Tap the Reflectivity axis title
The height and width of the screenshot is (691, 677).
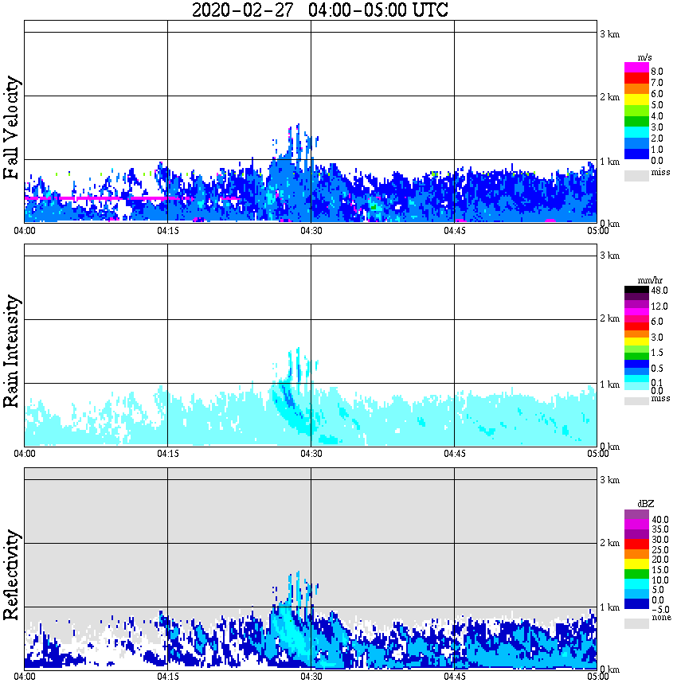pyautogui.click(x=11, y=574)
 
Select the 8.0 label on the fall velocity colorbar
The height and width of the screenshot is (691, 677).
pyautogui.click(x=656, y=71)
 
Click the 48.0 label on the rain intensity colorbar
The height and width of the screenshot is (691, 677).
pyautogui.click(x=659, y=291)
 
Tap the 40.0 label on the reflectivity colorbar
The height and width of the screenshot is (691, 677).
pyautogui.click(x=659, y=518)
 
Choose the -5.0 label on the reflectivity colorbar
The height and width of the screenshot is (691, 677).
pyautogui.click(x=659, y=611)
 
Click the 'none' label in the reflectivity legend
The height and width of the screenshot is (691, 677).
pyautogui.click(x=660, y=618)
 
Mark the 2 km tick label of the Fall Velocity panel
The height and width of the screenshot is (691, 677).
pyautogui.click(x=609, y=97)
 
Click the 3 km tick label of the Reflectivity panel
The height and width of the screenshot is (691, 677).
pyautogui.click(x=609, y=480)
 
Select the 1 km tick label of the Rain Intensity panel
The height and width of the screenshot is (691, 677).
pyautogui.click(x=609, y=385)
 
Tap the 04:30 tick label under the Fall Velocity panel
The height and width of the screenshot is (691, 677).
pyautogui.click(x=311, y=231)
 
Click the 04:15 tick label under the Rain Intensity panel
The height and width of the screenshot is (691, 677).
pyautogui.click(x=167, y=454)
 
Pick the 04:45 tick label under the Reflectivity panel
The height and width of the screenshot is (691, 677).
pyautogui.click(x=454, y=677)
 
